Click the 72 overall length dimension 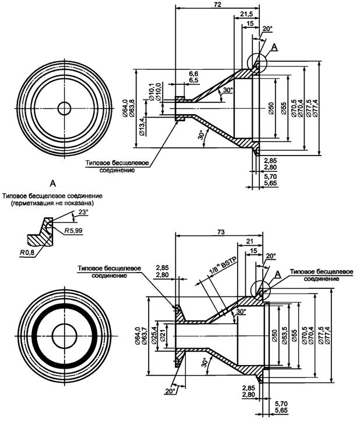218,5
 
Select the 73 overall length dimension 221,232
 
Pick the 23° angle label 83,213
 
